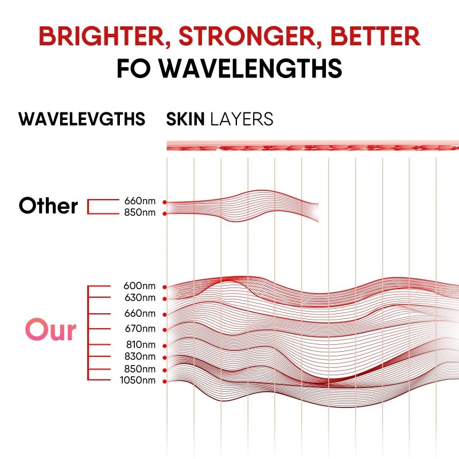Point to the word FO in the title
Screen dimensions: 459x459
click(134, 68)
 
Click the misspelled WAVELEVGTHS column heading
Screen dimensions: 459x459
click(81, 119)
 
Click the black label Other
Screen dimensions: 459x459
click(48, 206)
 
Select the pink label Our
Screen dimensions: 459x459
click(50, 330)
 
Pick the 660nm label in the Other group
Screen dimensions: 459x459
click(140, 201)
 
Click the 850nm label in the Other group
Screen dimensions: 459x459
click(140, 213)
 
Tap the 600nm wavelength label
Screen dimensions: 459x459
click(139, 286)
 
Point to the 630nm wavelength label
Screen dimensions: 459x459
click(139, 298)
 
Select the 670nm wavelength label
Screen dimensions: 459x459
click(139, 329)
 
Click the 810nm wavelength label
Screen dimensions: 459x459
click(140, 345)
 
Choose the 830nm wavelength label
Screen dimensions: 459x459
click(140, 357)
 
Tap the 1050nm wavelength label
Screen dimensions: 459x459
click(138, 380)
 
